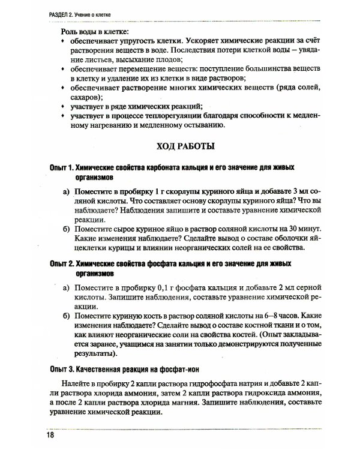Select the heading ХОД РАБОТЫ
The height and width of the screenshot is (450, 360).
coord(180,145)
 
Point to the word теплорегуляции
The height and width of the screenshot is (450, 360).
coord(172,116)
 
